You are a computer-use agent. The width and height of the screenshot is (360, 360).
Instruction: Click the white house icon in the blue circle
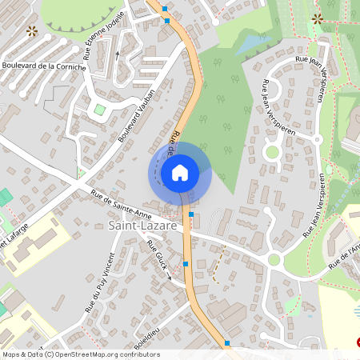pos(180,172)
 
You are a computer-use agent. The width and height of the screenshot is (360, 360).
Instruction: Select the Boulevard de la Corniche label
pos(43,65)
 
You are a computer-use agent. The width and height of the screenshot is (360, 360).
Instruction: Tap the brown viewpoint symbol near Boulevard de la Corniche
pos(32,31)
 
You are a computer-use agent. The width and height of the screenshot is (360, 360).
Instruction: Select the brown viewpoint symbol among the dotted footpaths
pos(318,18)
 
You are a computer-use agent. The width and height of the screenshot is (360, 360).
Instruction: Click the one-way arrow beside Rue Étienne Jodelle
pos(118,54)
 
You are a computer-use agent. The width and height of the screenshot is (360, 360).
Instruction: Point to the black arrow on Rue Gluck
pos(169,279)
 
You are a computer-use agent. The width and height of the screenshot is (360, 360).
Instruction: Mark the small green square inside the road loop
pos(100,110)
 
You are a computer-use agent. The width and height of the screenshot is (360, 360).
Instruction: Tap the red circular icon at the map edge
pos(357,342)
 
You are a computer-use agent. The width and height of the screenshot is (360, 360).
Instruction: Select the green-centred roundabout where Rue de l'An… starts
pos(274,259)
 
